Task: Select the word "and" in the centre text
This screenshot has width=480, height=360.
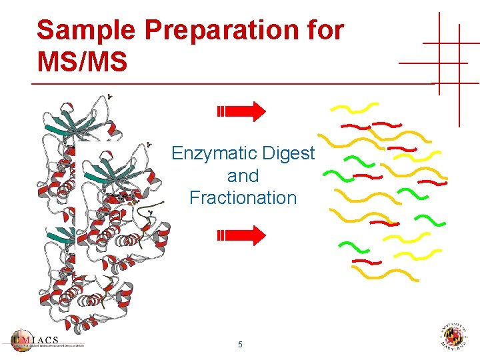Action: coord(243,176)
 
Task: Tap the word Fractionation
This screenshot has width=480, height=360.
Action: coord(243,198)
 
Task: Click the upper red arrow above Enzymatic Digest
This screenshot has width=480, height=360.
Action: coord(241,111)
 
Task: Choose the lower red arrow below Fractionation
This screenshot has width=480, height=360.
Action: coord(241,235)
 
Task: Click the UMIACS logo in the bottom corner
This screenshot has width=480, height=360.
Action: coord(47,340)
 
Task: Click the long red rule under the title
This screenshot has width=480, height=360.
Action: coord(233,84)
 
